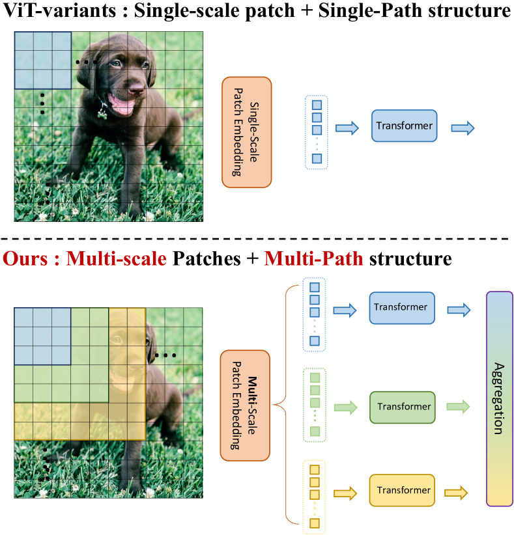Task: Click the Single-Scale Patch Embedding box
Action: click(x=247, y=132)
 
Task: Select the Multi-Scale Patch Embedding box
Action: click(x=245, y=405)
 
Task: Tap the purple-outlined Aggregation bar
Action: click(x=500, y=398)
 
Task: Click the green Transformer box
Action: click(x=403, y=407)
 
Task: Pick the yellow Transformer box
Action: click(x=402, y=490)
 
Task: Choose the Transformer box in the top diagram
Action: click(x=405, y=126)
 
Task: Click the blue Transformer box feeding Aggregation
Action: click(x=402, y=308)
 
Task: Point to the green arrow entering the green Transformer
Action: click(x=346, y=407)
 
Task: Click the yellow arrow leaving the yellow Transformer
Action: click(x=456, y=493)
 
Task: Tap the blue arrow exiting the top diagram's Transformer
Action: click(x=463, y=128)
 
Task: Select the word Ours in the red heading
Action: click(x=25, y=258)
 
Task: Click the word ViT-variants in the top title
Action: click(x=59, y=10)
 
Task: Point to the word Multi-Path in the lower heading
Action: click(x=313, y=258)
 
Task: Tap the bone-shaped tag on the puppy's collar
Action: click(x=102, y=114)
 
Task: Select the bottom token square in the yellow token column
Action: click(x=315, y=523)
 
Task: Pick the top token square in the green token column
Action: click(x=315, y=377)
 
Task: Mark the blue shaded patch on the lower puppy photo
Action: click(x=43, y=336)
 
